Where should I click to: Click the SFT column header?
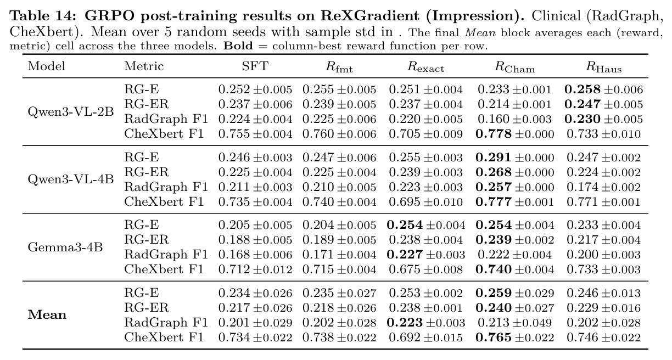point(255,66)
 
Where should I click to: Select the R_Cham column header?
point(514,67)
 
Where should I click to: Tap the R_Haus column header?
point(603,67)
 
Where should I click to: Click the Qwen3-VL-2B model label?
point(71,111)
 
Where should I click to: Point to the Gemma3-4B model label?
point(65,248)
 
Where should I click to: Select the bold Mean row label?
point(47,315)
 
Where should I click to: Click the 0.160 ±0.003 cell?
point(514,119)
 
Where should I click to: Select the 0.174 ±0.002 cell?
point(603,187)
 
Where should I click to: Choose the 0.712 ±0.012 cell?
point(255,269)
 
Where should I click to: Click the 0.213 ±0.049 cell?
point(514,323)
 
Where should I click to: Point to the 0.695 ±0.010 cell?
point(425,202)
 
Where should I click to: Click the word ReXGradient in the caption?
point(370,16)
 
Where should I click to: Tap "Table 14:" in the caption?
point(44,16)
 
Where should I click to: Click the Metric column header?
point(144,66)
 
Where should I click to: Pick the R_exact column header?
point(425,67)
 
